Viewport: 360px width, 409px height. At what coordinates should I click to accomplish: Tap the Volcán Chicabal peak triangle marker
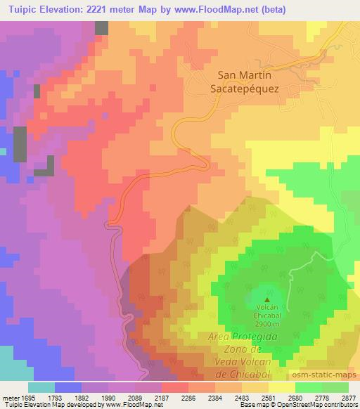click(266, 300)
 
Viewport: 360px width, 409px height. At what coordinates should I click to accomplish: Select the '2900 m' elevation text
click(266, 324)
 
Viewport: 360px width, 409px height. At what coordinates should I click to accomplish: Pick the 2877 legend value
click(348, 398)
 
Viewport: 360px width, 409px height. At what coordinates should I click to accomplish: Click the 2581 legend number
click(269, 398)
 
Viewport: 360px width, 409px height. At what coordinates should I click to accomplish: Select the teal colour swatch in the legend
click(41, 387)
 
